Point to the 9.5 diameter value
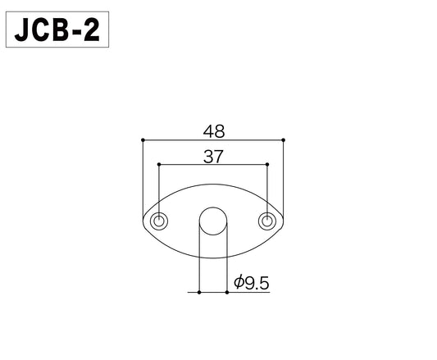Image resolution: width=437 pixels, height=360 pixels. point(257,283)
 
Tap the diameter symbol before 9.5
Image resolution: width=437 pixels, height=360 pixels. point(239,283)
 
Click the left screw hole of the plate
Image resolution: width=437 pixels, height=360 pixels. point(159,221)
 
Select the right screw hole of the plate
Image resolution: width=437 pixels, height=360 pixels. point(266,221)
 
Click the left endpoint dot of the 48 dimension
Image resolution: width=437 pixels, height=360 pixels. point(143,139)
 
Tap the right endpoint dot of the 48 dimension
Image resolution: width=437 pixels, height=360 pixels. point(283,139)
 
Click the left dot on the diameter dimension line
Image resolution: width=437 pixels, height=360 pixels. point(199,291)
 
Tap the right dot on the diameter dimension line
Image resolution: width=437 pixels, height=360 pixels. point(226,291)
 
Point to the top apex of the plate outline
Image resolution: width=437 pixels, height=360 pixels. point(212,187)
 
